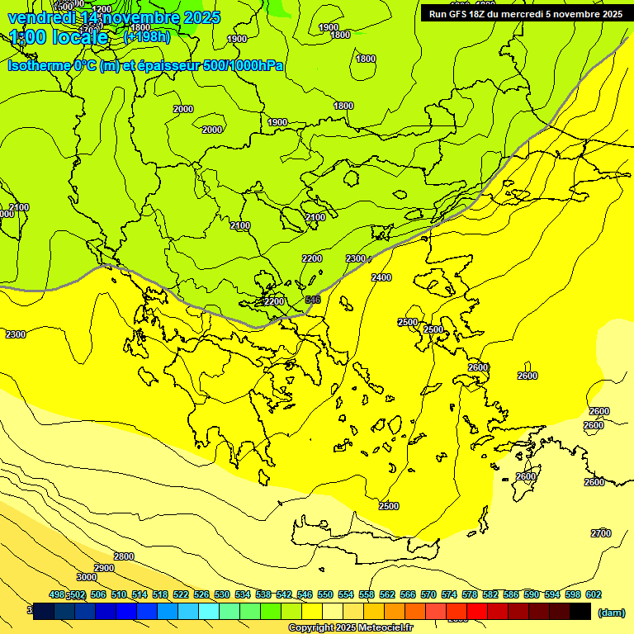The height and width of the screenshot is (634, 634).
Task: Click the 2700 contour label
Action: coord(601,533)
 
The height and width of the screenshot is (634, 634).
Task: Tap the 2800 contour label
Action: coord(123,556)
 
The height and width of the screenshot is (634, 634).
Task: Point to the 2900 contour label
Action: coord(104,568)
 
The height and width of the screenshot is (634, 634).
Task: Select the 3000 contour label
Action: coord(86,577)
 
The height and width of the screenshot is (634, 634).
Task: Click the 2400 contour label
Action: coord(381,277)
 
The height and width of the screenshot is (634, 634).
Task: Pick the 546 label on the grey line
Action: coord(312,300)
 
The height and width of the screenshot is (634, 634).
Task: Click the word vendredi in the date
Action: coord(41,17)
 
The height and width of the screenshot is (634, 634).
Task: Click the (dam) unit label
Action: coord(610,613)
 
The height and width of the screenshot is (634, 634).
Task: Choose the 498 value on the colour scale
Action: coord(57,594)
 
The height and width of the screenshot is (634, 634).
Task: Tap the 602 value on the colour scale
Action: coord(594,594)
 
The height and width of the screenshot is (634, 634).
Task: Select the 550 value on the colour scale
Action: coord(325,594)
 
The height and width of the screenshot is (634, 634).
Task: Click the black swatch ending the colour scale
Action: coord(580,611)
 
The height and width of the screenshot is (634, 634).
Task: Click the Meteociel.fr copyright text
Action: coord(350,628)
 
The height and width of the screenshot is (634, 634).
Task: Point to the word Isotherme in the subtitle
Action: coord(37,65)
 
